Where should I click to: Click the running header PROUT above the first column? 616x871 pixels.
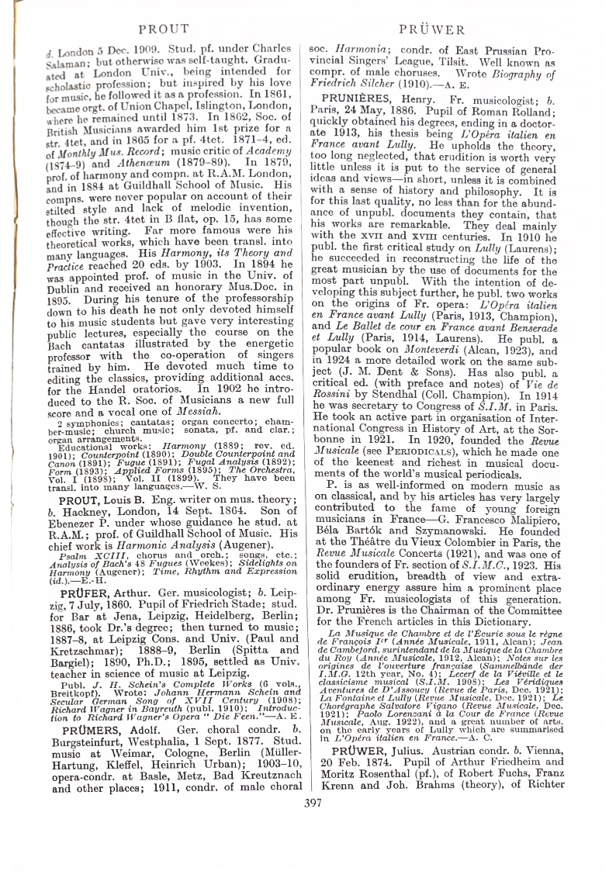163,29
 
